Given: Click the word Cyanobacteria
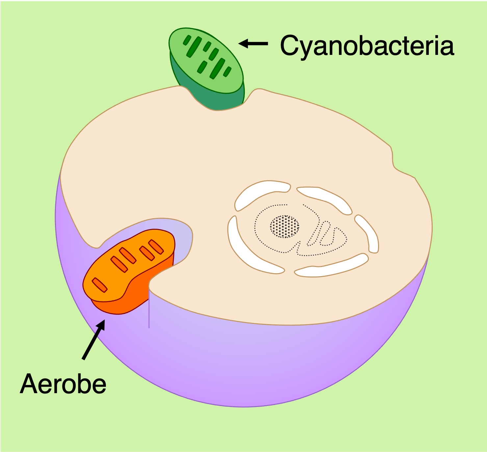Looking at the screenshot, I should (x=367, y=46).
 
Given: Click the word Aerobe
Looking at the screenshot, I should (x=63, y=384).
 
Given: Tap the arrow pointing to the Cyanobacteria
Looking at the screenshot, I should (x=253, y=43).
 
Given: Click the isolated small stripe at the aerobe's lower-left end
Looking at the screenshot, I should (x=99, y=285).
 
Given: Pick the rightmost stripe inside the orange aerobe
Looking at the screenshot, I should (x=156, y=247).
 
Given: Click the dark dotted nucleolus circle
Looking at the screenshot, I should (x=285, y=226).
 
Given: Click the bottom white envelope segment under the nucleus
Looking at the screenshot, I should (x=331, y=266).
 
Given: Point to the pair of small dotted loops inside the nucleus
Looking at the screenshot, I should (x=324, y=234).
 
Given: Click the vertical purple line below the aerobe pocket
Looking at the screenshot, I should (x=149, y=309).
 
